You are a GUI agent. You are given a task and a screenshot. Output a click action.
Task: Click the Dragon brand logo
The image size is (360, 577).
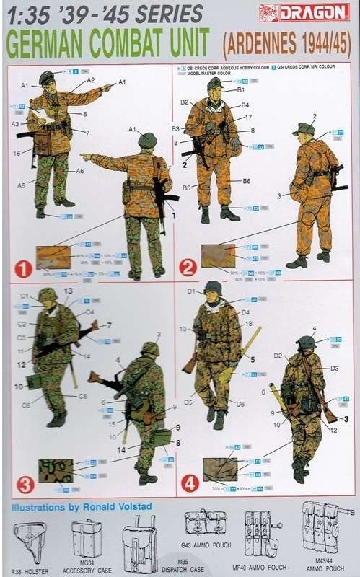315,12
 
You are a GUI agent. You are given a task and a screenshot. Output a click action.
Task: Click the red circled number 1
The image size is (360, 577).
23,269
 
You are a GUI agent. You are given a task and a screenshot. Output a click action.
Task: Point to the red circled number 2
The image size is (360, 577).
190,269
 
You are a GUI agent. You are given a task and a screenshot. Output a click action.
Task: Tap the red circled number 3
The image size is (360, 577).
23,481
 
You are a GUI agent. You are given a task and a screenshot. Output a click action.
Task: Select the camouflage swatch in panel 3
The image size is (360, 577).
55,470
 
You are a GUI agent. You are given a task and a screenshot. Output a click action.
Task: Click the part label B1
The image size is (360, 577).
241,90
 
